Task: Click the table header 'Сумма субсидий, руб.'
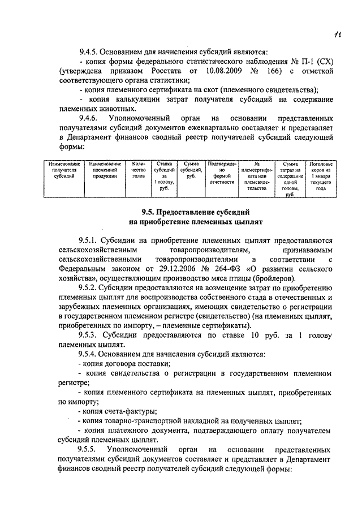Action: [x=191, y=170]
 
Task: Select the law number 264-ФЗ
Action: [x=223, y=269]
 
